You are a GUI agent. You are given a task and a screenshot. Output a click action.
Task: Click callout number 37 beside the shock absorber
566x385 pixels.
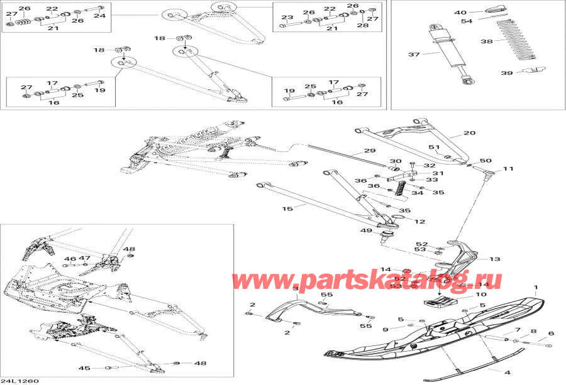point(413,55)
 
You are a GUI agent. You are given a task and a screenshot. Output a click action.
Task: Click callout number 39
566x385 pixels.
point(508,73)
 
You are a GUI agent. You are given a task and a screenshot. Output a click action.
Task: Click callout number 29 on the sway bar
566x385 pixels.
point(369,151)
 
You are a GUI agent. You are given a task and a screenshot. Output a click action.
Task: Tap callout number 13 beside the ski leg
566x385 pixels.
point(494,259)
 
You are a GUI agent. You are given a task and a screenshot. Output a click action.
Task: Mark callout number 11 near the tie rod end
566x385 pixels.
point(508,169)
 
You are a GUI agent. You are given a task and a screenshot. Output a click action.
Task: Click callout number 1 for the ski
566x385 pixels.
point(536,288)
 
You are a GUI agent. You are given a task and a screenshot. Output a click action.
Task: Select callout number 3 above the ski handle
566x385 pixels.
point(295,288)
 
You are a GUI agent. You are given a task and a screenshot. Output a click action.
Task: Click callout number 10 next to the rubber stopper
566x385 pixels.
point(480,294)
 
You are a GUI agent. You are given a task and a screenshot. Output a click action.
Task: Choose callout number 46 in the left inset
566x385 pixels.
point(69,259)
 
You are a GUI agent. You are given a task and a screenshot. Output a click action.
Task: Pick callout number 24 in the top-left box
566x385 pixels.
point(100,16)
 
